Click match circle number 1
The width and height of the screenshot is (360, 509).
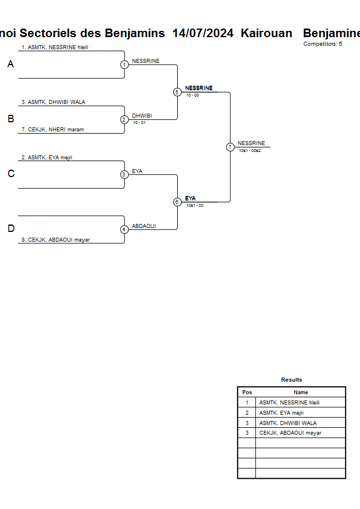(x=124, y=65)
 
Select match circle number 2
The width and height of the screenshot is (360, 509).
(x=124, y=120)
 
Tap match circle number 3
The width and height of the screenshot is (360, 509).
(x=124, y=175)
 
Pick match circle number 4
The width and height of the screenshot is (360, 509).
(x=124, y=230)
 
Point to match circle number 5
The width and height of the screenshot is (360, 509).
(x=177, y=92)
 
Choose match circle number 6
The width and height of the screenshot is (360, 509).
(x=177, y=202)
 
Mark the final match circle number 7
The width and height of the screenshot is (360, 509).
(x=230, y=147)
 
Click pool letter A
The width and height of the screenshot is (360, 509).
(x=10, y=65)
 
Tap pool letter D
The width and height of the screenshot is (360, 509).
(x=10, y=229)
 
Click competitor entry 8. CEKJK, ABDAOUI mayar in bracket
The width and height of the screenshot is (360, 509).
(x=56, y=240)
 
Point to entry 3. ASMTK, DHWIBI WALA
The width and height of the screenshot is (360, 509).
(x=53, y=102)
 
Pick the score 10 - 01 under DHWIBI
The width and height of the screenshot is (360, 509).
(x=139, y=123)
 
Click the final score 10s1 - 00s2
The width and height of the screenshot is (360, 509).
(x=250, y=150)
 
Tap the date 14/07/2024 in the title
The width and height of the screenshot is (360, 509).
(x=203, y=33)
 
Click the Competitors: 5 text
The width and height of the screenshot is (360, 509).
(x=323, y=44)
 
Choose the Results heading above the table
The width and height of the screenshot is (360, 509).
(x=291, y=380)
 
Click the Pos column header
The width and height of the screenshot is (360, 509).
(x=247, y=392)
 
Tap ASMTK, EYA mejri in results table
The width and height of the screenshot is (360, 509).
(x=281, y=412)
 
